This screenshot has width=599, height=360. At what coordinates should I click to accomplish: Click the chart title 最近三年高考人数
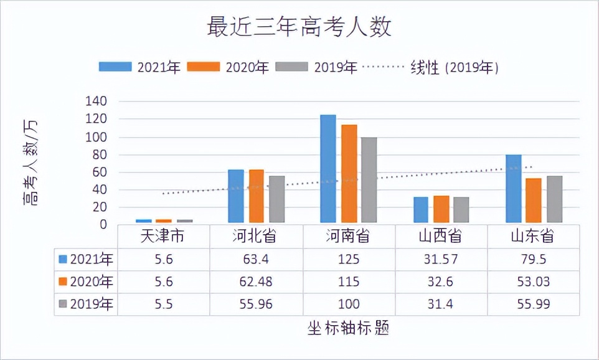point(299,28)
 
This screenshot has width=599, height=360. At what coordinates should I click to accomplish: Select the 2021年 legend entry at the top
point(139,67)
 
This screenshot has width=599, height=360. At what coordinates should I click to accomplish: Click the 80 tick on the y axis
point(100,154)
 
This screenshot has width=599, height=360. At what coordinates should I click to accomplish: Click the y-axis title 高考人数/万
point(30,163)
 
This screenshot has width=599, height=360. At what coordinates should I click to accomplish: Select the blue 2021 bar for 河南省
point(328,169)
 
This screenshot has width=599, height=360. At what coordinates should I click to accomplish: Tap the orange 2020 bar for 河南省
point(349,174)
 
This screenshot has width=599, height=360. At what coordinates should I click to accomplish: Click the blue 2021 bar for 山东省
point(513,189)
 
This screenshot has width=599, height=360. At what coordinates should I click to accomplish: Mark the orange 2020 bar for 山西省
point(441,209)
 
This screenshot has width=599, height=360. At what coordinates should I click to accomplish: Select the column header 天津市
point(163,236)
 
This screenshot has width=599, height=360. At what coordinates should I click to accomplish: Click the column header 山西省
point(441,236)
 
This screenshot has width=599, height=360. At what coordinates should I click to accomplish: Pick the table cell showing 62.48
point(256,282)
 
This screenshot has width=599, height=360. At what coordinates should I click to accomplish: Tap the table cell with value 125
point(349,259)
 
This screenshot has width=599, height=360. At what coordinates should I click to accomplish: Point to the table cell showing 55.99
point(533,305)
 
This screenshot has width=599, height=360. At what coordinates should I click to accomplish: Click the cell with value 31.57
point(441,259)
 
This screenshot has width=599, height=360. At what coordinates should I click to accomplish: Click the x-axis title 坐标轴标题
point(348,328)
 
